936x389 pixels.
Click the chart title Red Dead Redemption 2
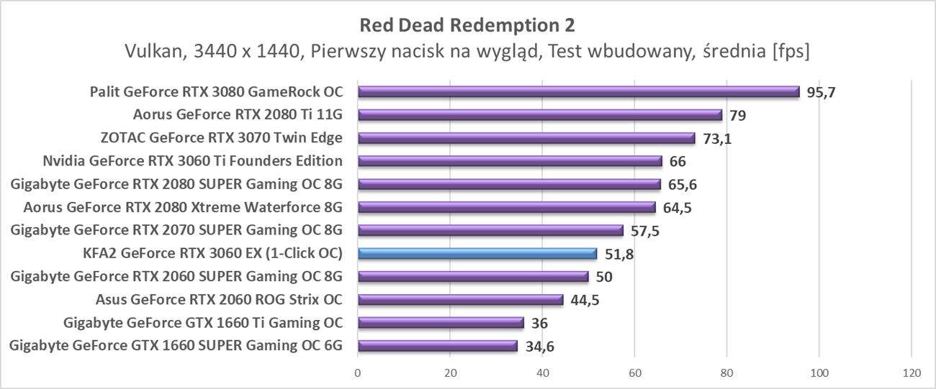[x=467, y=25]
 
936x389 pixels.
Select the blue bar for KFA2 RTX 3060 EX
[x=477, y=253]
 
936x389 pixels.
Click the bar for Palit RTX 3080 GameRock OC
[x=578, y=91]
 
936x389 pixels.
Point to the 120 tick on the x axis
[x=911, y=372]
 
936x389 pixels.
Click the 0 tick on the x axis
[x=358, y=372]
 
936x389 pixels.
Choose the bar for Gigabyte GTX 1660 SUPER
[x=438, y=346]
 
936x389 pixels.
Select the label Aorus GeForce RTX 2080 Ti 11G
[x=238, y=115]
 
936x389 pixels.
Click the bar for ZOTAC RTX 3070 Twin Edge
[x=526, y=138]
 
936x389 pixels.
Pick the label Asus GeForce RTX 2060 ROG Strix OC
[x=219, y=300]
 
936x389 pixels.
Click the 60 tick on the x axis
[x=634, y=372]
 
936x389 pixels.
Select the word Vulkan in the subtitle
[x=150, y=52]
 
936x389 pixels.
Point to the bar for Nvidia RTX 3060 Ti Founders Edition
[x=510, y=161]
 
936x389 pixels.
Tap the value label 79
[x=737, y=116]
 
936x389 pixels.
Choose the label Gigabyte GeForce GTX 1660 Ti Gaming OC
[x=203, y=323]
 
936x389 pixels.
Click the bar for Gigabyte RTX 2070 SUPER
[x=490, y=230]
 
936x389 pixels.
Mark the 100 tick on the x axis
[x=819, y=372]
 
